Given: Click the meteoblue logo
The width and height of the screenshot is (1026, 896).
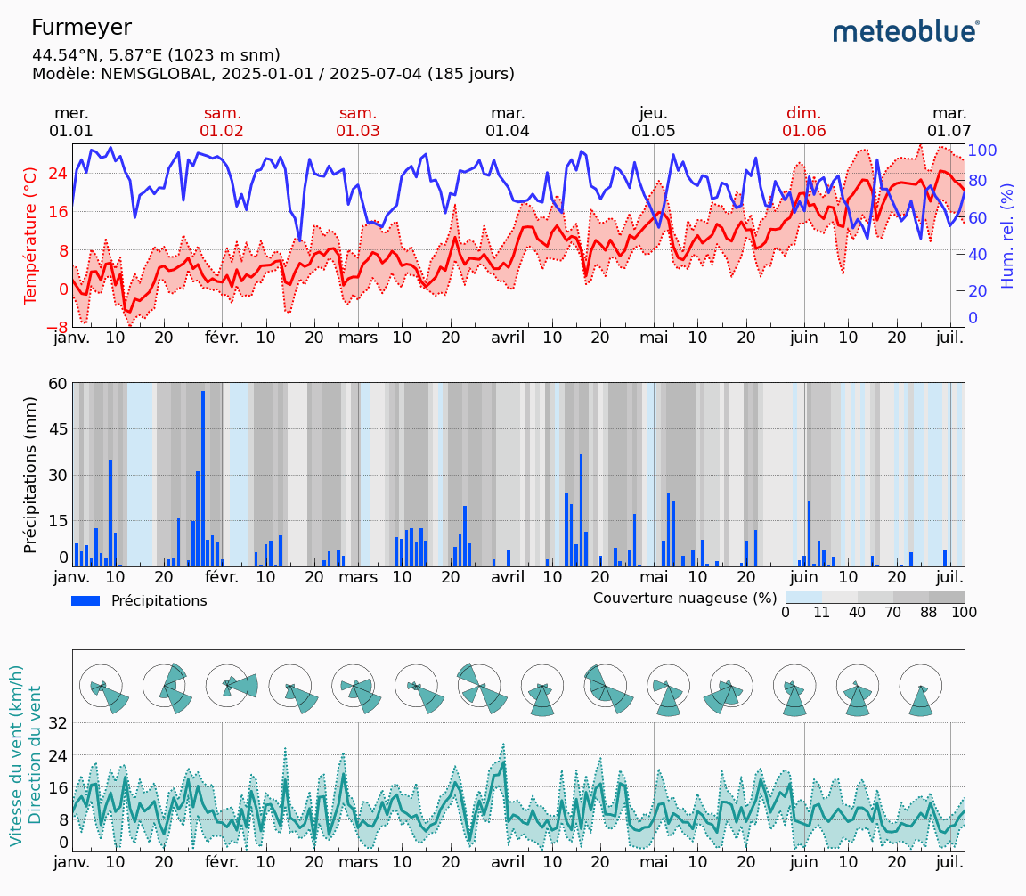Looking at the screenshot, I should coord(905,32).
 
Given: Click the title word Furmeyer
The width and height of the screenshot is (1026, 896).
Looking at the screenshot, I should coord(81,28).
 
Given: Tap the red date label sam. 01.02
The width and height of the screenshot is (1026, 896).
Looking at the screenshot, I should coord(222,122).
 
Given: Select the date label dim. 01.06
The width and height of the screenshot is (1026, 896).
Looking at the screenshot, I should coord(803,122).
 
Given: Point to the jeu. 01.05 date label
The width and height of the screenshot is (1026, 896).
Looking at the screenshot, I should coord(653,122).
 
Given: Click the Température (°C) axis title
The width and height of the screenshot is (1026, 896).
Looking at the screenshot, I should coord(31,235).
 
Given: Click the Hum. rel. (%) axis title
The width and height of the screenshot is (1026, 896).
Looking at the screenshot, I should coord(1007,235).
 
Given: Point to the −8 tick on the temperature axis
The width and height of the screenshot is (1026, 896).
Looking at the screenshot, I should coord(54,327).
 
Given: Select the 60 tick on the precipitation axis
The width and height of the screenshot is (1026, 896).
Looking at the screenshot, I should coord(58,384).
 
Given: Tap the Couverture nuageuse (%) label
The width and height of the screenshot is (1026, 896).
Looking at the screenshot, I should coord(685,597).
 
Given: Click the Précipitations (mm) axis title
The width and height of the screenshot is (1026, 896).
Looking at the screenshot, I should coord(31,475).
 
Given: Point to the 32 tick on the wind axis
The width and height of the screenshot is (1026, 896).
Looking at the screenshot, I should coord(58,723).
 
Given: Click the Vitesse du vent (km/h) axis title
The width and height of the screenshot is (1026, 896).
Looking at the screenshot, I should coord(17,755).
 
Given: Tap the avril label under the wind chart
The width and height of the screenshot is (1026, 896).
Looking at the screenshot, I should coord(509,862).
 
